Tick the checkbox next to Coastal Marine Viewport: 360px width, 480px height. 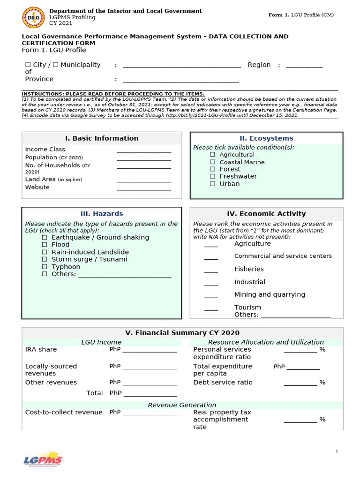click(212, 162)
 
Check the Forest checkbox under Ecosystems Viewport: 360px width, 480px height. click(212, 169)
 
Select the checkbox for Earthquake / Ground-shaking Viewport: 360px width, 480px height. click(45, 237)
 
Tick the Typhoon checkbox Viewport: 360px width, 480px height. click(45, 267)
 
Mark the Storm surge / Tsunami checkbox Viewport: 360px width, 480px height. click(45, 259)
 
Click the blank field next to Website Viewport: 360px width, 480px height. click(143, 189)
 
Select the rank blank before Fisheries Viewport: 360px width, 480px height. click(211, 271)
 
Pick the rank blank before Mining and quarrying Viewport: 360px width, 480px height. click(211, 296)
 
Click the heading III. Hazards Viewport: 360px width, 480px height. click(102, 214)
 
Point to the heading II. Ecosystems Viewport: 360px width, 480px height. click(266, 138)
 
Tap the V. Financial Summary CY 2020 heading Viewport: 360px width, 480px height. click(182, 333)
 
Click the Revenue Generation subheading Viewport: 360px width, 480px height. click(182, 405)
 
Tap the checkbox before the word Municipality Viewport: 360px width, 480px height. click(56, 65)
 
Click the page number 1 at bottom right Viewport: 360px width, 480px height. click(337, 451)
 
